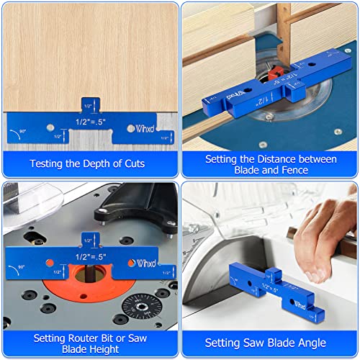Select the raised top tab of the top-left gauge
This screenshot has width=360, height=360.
coord(90,104)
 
